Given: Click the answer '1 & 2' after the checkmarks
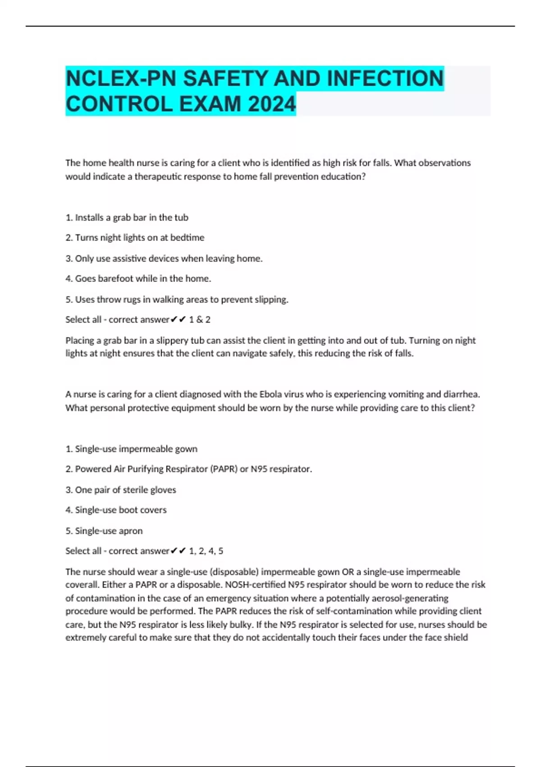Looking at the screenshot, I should pyautogui.click(x=200, y=320).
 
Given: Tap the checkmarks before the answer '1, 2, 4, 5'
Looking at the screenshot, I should pyautogui.click(x=179, y=551).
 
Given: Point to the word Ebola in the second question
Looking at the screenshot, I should pyautogui.click(x=270, y=394).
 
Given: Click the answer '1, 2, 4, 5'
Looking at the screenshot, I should pyautogui.click(x=206, y=551).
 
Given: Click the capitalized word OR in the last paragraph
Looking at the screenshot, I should pyautogui.click(x=348, y=572).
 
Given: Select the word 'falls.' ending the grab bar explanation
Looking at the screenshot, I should pyautogui.click(x=403, y=353).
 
